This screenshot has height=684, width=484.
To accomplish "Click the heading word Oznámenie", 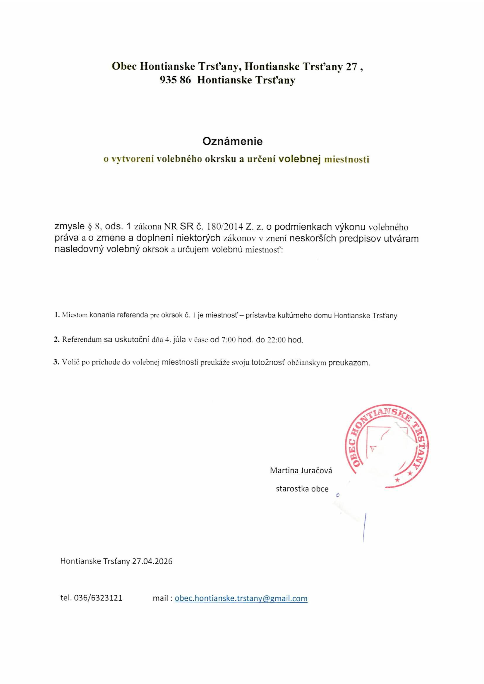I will tap(232, 141).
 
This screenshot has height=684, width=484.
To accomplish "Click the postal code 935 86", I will tap(175, 80).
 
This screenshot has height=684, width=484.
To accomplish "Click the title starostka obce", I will tap(302, 489).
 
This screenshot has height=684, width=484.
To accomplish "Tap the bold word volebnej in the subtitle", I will tap(299, 159).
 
